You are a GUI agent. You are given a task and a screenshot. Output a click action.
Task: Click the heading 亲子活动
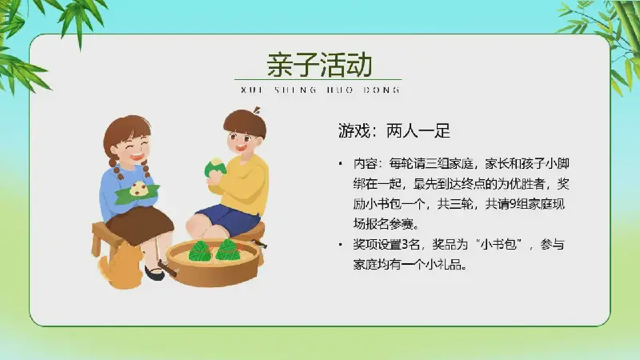[319, 65]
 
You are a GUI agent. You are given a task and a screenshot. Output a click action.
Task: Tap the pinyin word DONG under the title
[382, 90]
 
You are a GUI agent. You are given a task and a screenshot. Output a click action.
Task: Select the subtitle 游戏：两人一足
[394, 131]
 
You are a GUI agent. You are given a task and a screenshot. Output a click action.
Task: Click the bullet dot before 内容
[341, 164]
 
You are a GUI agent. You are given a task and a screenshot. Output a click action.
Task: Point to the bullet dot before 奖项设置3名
[341, 245]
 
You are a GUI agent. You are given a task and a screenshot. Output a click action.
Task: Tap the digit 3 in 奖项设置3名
[405, 245]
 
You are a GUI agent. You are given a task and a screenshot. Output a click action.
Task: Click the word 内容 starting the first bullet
[365, 164]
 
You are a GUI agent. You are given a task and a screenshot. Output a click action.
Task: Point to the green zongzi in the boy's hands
[214, 167]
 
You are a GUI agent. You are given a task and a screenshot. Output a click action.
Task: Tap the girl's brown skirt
[139, 225]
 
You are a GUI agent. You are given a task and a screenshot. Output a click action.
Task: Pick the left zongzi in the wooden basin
[199, 251]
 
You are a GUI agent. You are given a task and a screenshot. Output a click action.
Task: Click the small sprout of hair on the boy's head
[257, 110]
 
